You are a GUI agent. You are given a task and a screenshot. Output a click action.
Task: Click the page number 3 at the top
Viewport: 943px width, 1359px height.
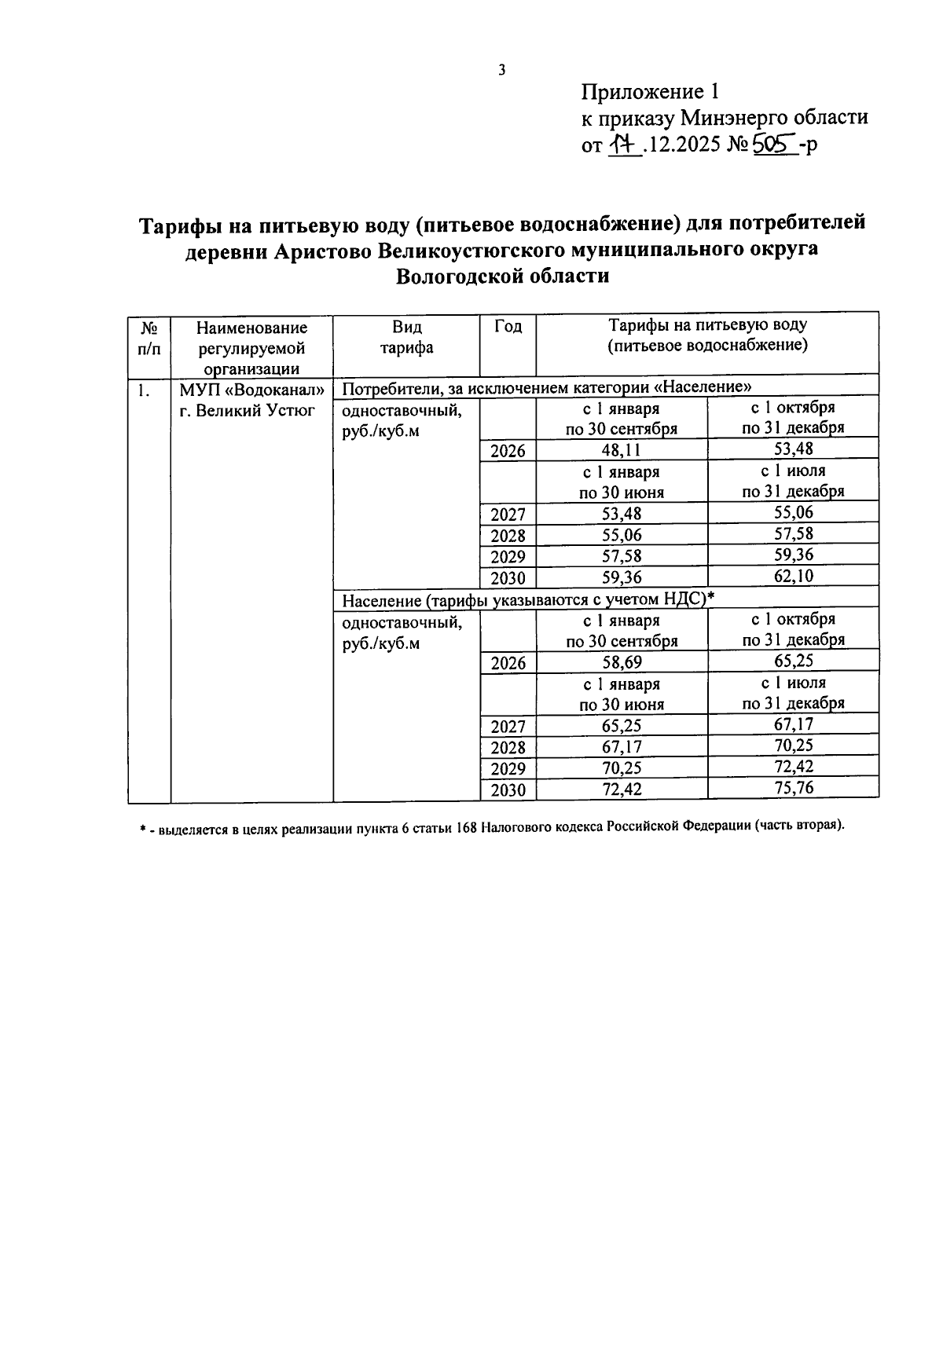point(502,71)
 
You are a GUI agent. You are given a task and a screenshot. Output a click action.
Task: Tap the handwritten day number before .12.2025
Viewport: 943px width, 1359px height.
point(623,145)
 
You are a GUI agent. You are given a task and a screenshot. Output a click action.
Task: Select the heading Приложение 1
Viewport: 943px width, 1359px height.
point(650,92)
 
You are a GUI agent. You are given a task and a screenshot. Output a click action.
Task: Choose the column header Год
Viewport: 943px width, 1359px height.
point(508,327)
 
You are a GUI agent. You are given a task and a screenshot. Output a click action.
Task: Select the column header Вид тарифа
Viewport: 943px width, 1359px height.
point(406,337)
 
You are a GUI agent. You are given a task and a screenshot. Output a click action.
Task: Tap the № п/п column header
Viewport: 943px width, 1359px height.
point(149,338)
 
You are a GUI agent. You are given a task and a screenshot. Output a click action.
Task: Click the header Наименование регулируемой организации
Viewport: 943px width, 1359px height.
point(251,347)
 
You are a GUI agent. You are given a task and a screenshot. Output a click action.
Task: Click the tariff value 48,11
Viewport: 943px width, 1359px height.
point(622,450)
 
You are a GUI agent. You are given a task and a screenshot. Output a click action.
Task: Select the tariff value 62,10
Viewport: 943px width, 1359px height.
point(793,576)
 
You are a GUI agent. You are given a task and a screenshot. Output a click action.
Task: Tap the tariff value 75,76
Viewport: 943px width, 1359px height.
point(793,788)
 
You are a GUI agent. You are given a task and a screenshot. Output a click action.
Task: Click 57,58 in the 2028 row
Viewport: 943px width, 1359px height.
point(793,533)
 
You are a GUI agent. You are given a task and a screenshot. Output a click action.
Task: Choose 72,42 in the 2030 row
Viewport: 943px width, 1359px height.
point(622,789)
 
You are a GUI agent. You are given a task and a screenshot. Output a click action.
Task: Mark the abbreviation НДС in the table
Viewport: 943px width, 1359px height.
point(684,600)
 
